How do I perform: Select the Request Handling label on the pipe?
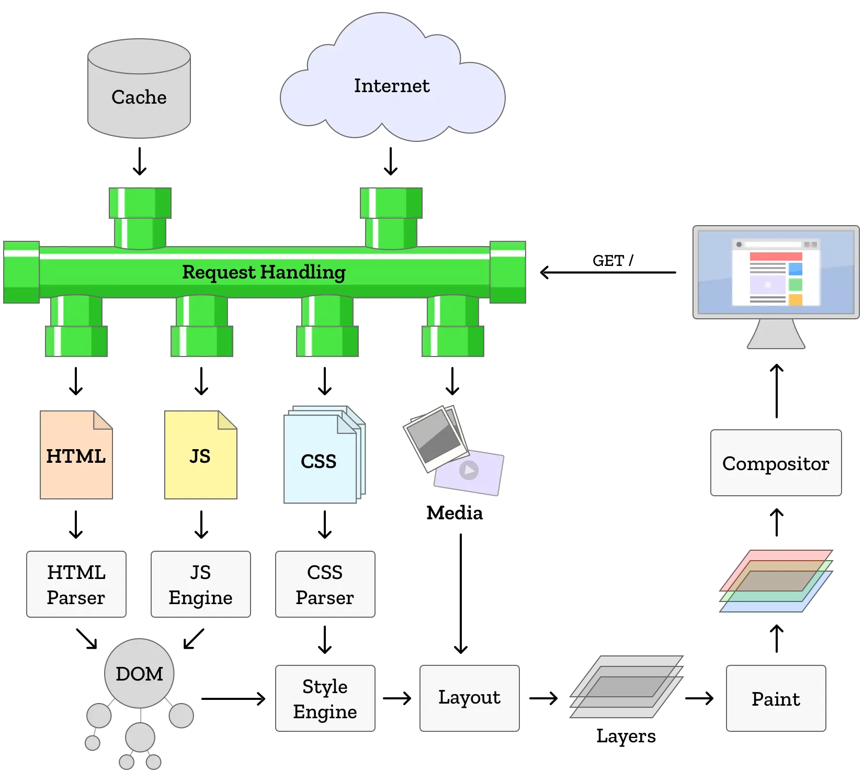click(264, 272)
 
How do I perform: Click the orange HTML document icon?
click(76, 456)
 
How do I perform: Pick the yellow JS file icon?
click(200, 456)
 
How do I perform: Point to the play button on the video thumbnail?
click(469, 470)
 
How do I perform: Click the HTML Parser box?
click(76, 584)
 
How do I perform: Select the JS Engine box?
click(201, 584)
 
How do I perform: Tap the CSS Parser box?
click(324, 584)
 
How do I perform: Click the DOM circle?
click(139, 673)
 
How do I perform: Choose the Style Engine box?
click(325, 698)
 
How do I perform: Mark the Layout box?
click(470, 697)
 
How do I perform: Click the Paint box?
click(776, 698)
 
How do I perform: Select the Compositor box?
click(776, 463)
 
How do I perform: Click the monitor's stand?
click(776, 335)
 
